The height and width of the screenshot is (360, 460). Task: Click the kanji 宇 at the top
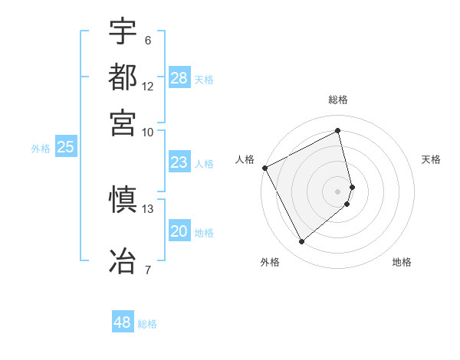point(123,32)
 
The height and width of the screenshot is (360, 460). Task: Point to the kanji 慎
point(123,201)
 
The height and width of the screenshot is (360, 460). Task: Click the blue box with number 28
point(179,78)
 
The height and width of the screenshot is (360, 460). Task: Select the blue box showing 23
point(179,162)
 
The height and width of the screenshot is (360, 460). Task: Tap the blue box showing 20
point(179,232)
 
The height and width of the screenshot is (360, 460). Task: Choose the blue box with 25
point(65,148)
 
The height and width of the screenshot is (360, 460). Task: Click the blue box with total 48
point(123,322)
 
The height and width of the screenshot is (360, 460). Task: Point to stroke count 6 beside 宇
point(148,41)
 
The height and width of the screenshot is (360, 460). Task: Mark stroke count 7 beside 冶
point(148,270)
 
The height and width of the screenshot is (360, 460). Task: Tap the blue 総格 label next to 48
point(148,324)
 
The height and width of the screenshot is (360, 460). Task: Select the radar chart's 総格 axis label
point(338,100)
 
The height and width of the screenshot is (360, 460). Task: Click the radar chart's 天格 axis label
point(431,159)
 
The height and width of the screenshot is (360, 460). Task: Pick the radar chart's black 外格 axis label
point(270,262)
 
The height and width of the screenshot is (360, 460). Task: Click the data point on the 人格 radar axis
point(264,168)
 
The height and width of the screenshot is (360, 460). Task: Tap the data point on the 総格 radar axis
point(338,130)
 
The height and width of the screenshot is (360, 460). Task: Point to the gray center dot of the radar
point(338,191)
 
